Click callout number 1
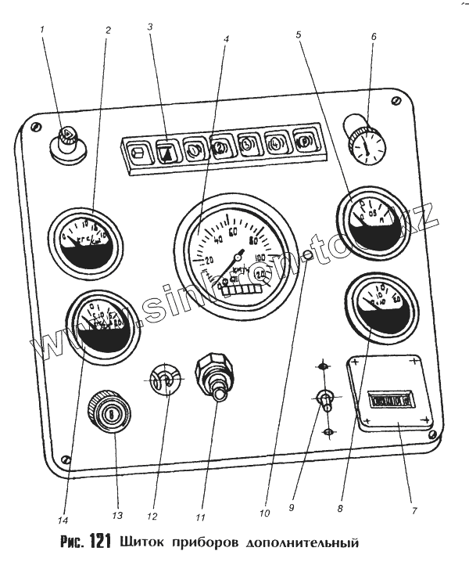pyautogui.click(x=44, y=30)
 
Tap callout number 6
pyautogui.click(x=373, y=36)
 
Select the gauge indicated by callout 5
pyautogui.click(x=371, y=218)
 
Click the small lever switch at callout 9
pyautogui.click(x=324, y=399)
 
